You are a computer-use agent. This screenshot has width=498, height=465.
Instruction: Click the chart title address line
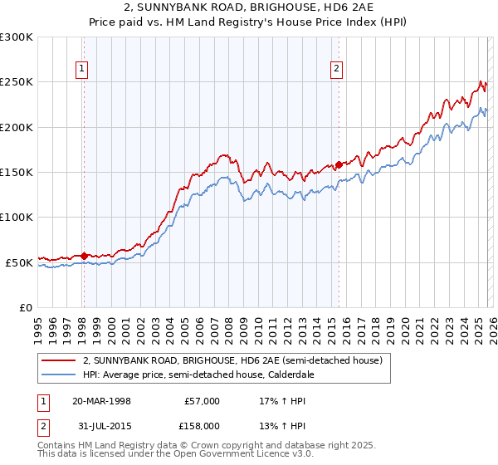pos(249,7)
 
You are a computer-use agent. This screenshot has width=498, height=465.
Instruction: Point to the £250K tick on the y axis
pos(17,82)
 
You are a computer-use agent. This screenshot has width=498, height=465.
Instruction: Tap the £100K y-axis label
pos(17,217)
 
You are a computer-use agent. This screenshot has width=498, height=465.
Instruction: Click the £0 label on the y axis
pos(25,307)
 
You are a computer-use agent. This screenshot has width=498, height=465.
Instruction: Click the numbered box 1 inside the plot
pos(83,70)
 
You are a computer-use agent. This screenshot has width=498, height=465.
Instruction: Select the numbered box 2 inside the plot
pos(337,70)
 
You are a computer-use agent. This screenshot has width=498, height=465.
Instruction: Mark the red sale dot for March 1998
pos(84,256)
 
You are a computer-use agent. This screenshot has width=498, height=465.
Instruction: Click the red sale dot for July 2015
pos(339,164)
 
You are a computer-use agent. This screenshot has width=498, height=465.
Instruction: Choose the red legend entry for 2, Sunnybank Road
pos(232,361)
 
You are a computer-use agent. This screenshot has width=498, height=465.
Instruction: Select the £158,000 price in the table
pos(202,424)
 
